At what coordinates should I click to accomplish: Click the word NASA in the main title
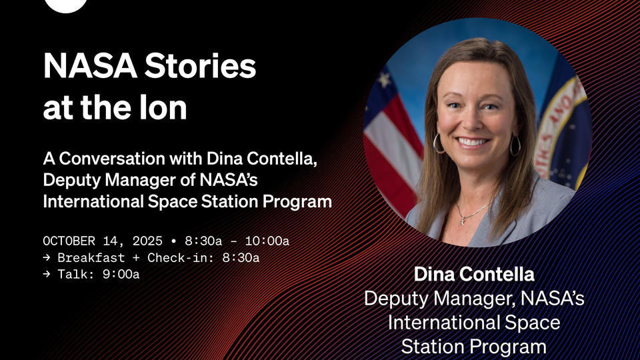coord(90,66)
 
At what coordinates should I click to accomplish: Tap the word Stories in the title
coord(200,66)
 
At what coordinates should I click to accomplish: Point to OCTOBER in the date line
coord(69,241)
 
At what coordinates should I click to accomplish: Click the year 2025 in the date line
coord(147,241)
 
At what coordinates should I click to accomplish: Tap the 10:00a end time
coord(267,241)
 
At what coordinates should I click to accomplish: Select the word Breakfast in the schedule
coord(91,257)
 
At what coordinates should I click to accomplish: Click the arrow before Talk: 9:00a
coord(47,274)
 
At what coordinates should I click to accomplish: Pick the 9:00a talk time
coord(121,274)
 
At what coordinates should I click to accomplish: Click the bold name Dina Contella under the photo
coord(474,274)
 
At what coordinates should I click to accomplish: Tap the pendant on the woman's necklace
coord(463,220)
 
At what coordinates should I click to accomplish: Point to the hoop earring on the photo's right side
coord(515,145)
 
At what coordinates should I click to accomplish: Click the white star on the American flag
coord(384,79)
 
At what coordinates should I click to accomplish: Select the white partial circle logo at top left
coord(66,5)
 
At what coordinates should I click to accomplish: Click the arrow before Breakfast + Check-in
coord(47,257)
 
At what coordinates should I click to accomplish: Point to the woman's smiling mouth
coord(473,142)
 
